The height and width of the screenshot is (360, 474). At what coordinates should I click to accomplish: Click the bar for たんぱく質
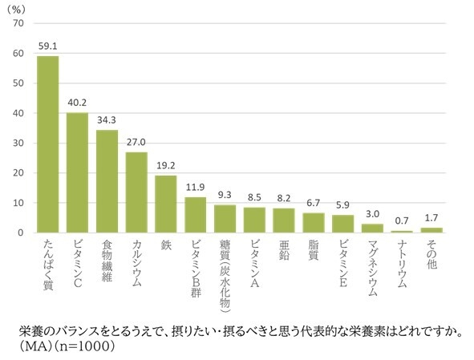(x=48, y=144)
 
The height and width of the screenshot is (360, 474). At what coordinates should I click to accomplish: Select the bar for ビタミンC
(x=78, y=172)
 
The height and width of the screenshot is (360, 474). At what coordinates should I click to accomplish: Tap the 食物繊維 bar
(x=107, y=181)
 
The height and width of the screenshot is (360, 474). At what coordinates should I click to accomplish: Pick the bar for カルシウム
(x=137, y=192)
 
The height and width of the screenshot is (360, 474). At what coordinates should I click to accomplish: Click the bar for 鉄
(x=166, y=204)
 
